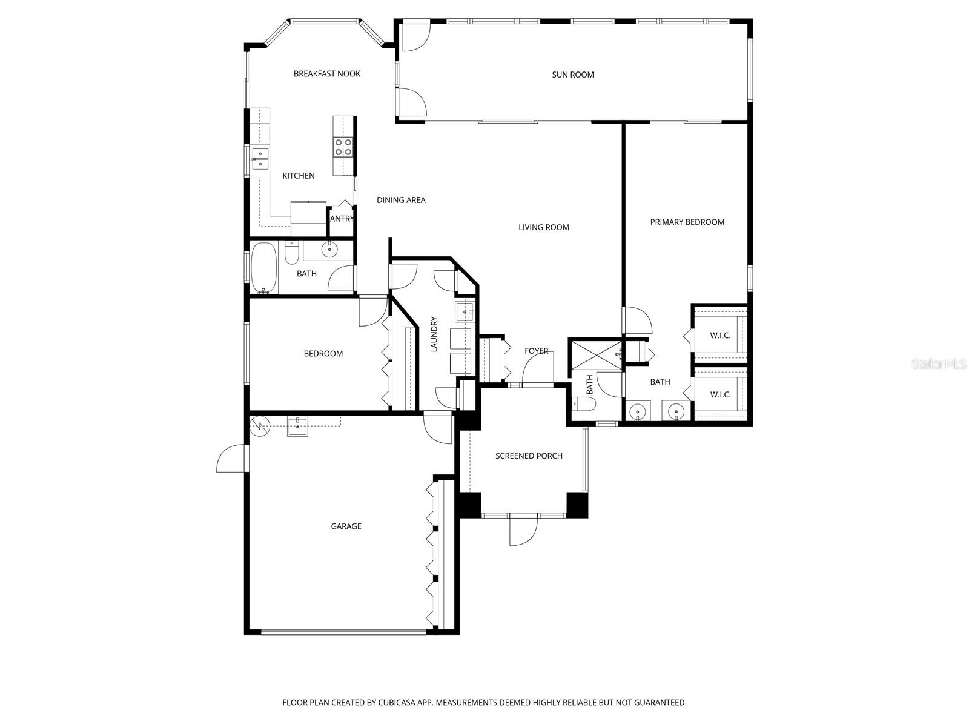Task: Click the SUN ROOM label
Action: click(x=572, y=75)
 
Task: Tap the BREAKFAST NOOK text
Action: click(x=326, y=74)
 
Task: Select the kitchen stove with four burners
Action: click(x=343, y=147)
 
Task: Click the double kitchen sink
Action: click(x=261, y=159)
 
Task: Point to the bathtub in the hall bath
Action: click(x=263, y=267)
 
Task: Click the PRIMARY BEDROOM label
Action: click(x=687, y=222)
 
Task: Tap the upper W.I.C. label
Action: click(x=720, y=336)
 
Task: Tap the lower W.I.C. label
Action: click(x=720, y=394)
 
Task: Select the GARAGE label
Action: click(x=346, y=526)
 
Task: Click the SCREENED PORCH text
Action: click(x=529, y=456)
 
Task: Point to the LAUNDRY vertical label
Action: click(x=434, y=334)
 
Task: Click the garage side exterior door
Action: click(x=232, y=459)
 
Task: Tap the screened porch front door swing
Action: click(x=523, y=531)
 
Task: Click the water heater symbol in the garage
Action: click(x=259, y=425)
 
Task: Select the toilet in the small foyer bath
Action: click(x=584, y=403)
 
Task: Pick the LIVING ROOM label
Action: click(x=543, y=228)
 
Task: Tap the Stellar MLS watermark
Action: click(x=938, y=364)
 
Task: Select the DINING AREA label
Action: click(x=401, y=200)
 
